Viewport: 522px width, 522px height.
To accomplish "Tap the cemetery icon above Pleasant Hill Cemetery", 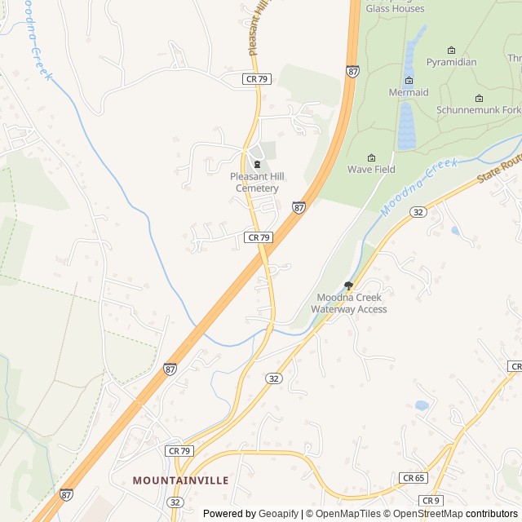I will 258,165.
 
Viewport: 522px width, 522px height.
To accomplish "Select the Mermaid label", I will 409,93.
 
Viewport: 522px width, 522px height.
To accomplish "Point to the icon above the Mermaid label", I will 409,80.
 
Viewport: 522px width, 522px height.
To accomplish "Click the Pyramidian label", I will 451,62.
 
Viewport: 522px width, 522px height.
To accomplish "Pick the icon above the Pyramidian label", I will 451,50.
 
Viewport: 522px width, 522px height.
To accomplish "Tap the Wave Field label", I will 371,170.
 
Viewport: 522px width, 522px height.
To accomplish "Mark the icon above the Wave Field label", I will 372,157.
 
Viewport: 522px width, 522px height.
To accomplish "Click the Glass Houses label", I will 395,8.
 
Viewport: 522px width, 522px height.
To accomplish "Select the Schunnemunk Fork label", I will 478,109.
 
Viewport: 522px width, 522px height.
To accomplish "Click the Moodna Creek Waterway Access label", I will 349,303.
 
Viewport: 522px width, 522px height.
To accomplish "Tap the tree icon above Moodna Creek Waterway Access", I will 349,285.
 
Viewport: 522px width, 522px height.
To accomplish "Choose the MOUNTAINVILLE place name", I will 180,480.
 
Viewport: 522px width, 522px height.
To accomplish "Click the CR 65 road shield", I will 413,478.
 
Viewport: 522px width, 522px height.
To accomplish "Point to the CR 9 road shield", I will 431,500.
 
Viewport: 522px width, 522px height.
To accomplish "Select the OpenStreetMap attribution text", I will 427,514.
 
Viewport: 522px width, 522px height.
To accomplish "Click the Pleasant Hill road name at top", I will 259,29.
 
